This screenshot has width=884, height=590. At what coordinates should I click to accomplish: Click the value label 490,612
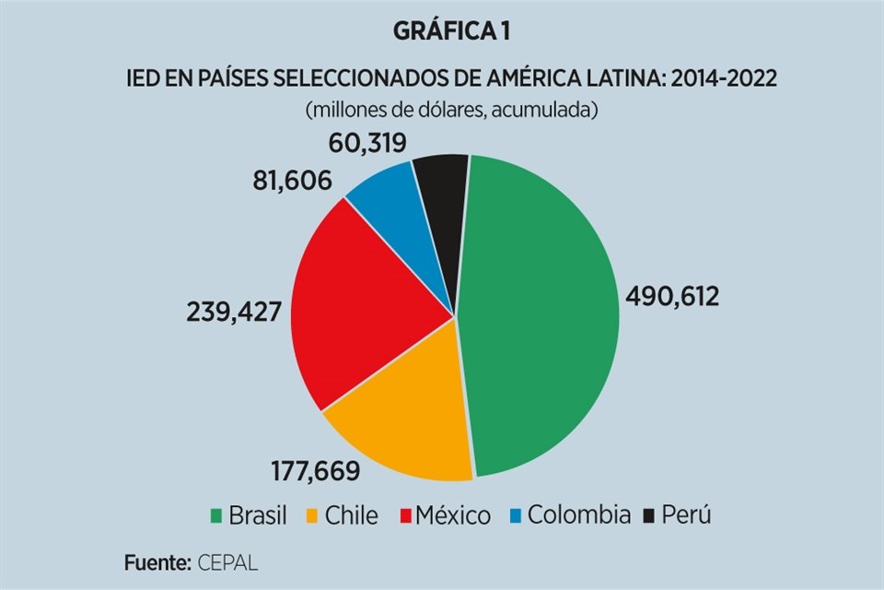click(672, 296)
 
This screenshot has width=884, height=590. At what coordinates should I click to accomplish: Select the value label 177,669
click(315, 472)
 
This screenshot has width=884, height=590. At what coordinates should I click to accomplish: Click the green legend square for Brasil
click(215, 516)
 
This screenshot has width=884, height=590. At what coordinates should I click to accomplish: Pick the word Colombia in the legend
click(578, 515)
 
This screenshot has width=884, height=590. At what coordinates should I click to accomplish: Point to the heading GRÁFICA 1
click(452, 31)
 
